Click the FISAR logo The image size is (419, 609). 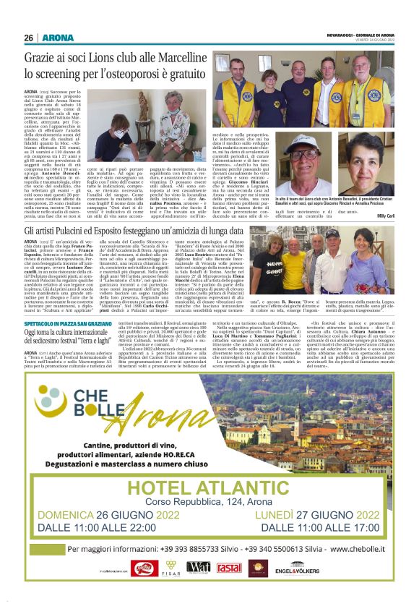coord(170,568)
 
